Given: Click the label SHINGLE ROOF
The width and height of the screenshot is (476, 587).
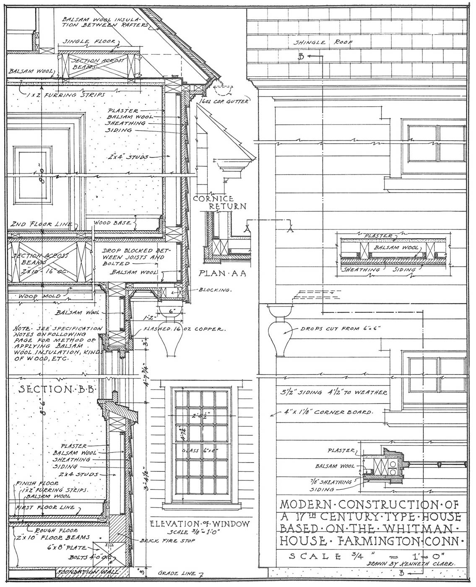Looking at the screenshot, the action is click(x=323, y=42).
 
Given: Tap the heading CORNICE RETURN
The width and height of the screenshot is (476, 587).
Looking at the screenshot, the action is click(x=219, y=202).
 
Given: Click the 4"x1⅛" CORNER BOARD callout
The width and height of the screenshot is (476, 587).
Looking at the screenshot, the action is click(x=327, y=412).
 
